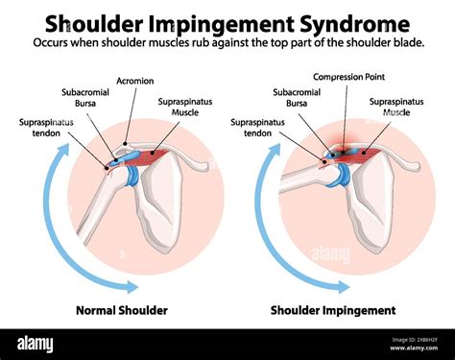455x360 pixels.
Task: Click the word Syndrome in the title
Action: click(x=351, y=21)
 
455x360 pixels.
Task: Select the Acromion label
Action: click(x=134, y=81)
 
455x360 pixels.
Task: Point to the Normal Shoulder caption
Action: click(x=122, y=310)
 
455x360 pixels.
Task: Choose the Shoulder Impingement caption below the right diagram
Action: click(x=333, y=310)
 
